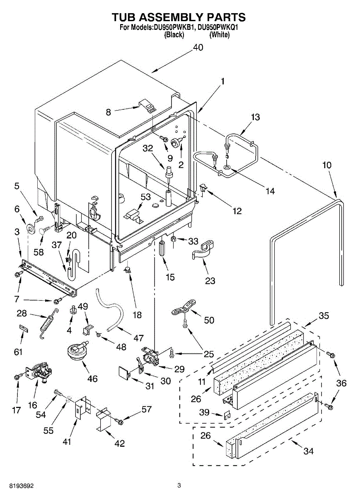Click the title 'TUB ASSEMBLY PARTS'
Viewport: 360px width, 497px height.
[179, 17]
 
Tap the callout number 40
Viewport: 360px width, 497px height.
[198, 48]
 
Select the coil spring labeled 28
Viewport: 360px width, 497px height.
[47, 322]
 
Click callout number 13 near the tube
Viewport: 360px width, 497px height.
[255, 117]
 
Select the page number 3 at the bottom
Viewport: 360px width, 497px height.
[179, 485]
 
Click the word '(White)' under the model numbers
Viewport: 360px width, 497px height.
[219, 35]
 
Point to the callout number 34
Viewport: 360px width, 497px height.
[308, 451]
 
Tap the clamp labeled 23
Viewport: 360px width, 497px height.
[203, 251]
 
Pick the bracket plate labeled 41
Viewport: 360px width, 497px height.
[79, 408]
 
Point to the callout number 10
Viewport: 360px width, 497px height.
[327, 165]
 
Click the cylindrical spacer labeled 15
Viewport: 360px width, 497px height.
[162, 247]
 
